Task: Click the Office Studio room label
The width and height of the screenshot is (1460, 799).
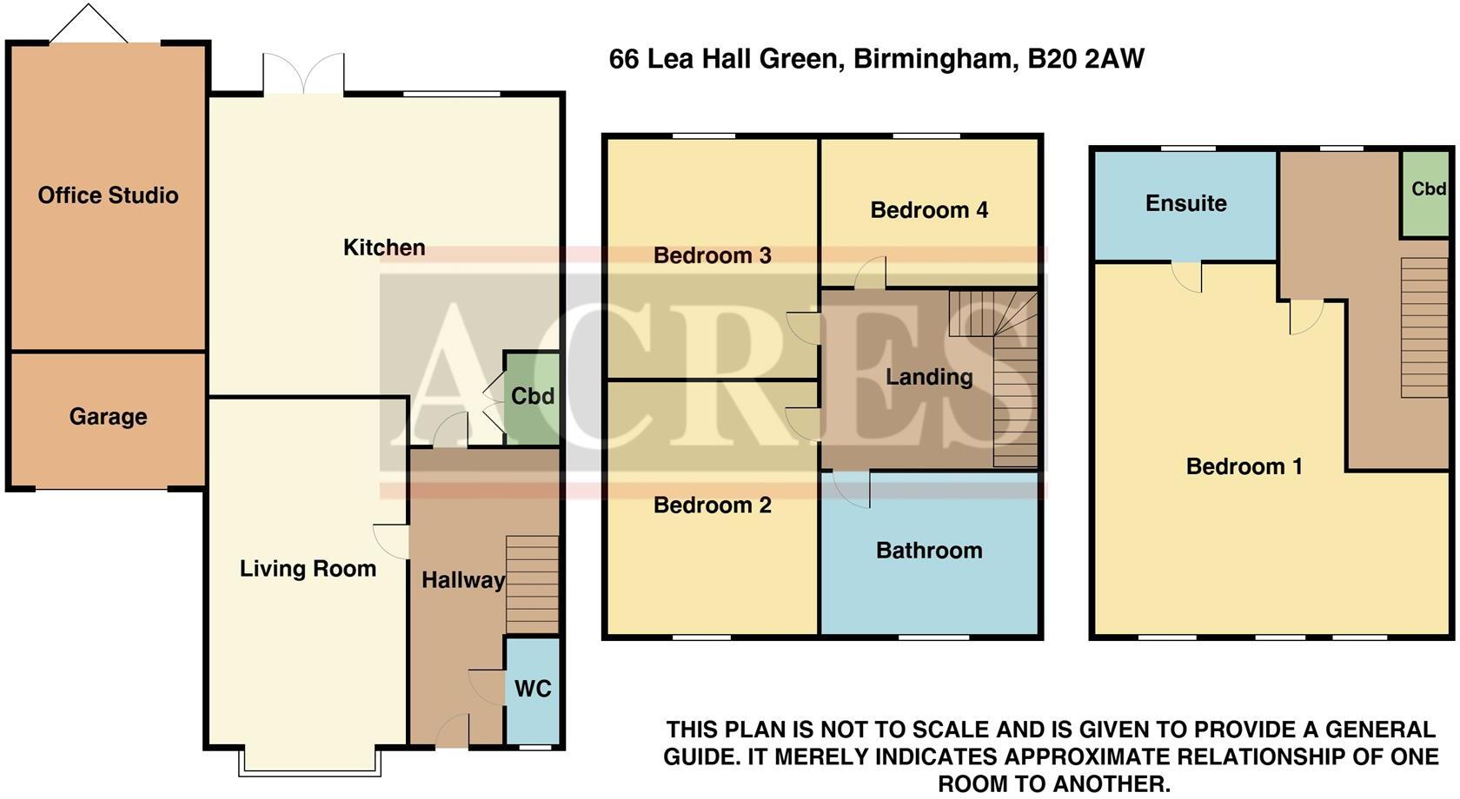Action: point(108,195)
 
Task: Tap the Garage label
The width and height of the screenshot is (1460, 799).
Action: point(108,417)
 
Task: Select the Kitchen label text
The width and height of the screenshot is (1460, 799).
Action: point(384,248)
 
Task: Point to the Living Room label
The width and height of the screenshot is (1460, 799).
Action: point(308,569)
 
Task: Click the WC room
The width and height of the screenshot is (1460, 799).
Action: point(533,690)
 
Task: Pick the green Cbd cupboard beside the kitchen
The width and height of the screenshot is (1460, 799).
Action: point(532,396)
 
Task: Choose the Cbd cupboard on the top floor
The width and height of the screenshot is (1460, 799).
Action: point(1427,189)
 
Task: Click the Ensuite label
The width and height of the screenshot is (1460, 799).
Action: point(1185,203)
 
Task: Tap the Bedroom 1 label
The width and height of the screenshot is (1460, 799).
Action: point(1244,466)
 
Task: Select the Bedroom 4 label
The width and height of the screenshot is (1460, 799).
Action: point(929,210)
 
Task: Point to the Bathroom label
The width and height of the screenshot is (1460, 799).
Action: point(929,551)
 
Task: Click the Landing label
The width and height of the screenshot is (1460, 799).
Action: point(929,377)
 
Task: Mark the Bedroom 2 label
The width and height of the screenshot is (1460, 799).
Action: point(712,505)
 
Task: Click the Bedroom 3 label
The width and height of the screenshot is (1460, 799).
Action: point(712,255)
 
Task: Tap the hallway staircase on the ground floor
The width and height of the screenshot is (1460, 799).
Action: point(532,584)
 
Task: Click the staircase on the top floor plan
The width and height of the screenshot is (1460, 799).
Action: point(1423,327)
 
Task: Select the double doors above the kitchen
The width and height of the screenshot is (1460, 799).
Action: point(303,75)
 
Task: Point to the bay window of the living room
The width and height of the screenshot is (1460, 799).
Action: point(310,763)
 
